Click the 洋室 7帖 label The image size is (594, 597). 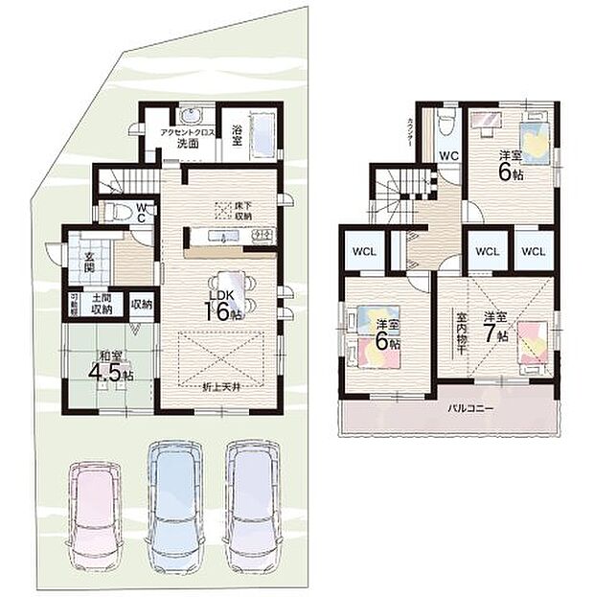click(x=495, y=327)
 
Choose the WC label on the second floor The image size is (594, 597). click(x=448, y=156)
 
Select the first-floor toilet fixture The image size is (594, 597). click(x=112, y=210)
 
